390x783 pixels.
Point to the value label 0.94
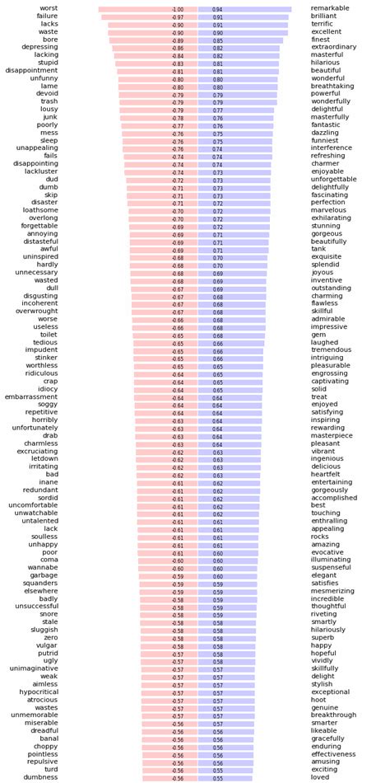pos(217,9)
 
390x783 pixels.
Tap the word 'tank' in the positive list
pos(318,248)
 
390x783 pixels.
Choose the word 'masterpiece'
pos(332,436)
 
